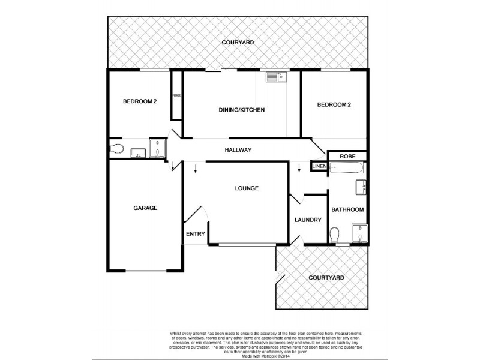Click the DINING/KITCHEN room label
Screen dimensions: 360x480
pos(242,110)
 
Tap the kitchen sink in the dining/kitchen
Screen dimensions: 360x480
pos(275,77)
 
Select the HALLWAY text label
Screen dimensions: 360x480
pos(238,150)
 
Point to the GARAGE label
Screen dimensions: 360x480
pos(145,208)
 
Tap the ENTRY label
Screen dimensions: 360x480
pos(195,234)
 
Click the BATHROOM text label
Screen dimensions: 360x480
pos(348,209)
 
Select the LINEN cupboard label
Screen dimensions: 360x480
pos(319,166)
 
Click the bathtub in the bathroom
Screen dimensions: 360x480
pos(346,167)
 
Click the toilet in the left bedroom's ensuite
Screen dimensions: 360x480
pos(116,149)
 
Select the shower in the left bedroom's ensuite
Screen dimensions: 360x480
pos(157,149)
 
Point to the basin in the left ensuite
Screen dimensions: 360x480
pos(138,152)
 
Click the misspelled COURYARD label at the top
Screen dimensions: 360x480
pos(238,43)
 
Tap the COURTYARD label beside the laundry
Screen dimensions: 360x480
pos(326,278)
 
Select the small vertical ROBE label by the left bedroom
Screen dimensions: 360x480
pos(177,95)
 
